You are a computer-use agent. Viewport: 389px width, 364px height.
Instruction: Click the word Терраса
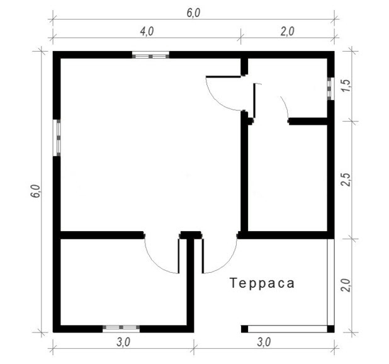[262, 283]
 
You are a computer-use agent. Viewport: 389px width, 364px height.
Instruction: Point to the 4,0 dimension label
[147, 31]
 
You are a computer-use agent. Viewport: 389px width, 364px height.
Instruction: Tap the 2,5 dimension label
[346, 179]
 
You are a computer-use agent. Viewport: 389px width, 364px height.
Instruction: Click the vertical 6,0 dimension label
[36, 191]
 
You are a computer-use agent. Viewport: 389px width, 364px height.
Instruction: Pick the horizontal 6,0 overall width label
[193, 13]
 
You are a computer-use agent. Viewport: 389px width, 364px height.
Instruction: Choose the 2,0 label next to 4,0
[287, 31]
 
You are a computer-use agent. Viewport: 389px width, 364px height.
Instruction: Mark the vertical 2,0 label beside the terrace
[346, 285]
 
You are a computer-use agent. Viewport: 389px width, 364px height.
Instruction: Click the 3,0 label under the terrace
[264, 343]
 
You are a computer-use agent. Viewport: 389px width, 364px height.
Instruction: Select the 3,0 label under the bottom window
[123, 343]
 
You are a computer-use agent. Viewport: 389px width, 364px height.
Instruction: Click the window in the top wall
[150, 55]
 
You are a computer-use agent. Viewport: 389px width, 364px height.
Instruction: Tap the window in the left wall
[57, 138]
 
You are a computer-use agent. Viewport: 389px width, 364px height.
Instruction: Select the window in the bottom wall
[121, 329]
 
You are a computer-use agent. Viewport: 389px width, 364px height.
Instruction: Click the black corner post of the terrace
[330, 329]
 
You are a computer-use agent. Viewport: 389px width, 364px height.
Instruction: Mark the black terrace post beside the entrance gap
[245, 329]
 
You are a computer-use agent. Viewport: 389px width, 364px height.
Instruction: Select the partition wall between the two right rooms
[308, 122]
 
